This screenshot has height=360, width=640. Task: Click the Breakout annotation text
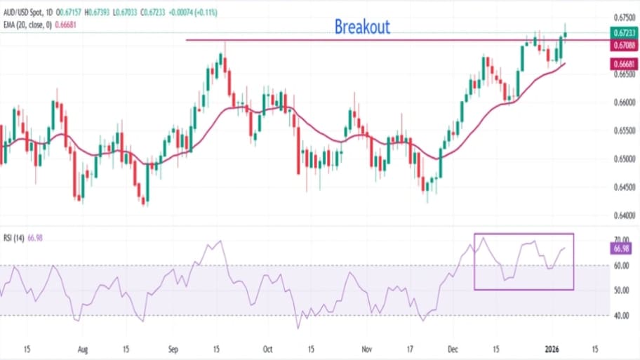pos(362,27)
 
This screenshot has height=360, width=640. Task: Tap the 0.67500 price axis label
pos(620,17)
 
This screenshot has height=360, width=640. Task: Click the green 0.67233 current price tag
pos(620,32)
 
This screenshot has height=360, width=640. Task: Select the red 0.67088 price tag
pos(620,46)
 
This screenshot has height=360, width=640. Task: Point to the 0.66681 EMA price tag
pos(620,63)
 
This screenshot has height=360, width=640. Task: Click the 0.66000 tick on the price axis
pos(620,102)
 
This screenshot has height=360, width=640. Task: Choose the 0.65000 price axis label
pos(620,159)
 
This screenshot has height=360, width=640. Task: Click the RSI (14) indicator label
pos(14,239)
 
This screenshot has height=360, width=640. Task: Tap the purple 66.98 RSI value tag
pos(620,249)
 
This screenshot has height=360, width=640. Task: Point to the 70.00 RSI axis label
pos(620,239)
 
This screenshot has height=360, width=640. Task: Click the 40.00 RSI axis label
pos(620,316)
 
